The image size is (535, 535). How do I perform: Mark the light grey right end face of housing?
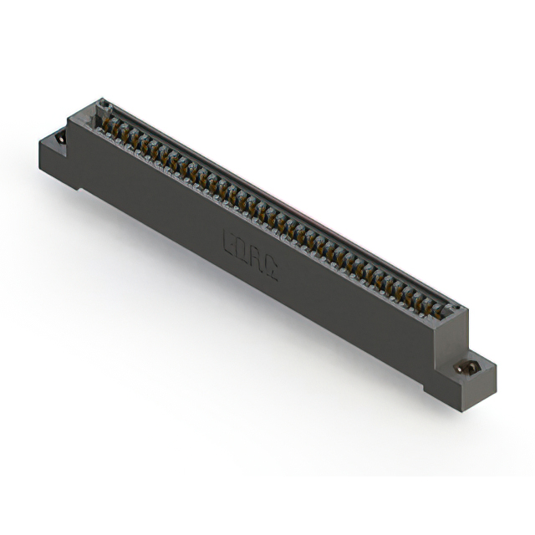point(458,334)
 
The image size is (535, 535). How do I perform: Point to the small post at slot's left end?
point(104,104)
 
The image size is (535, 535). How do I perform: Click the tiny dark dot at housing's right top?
point(456,311)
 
